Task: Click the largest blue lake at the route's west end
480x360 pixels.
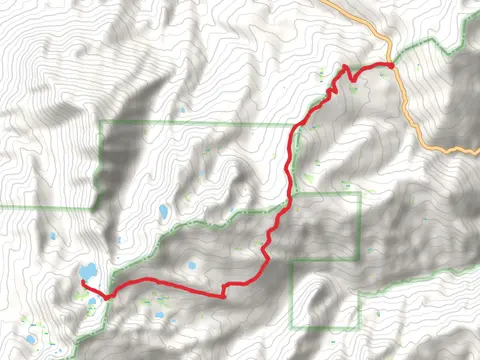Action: pyautogui.click(x=88, y=271)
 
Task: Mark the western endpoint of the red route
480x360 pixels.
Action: pyautogui.click(x=81, y=283)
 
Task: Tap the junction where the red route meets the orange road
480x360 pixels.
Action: pyautogui.click(x=391, y=65)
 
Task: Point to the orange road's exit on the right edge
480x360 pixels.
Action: pyautogui.click(x=478, y=151)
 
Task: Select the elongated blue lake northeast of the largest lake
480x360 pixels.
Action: pyautogui.click(x=162, y=212)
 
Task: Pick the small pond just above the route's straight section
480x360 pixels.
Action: pyautogui.click(x=190, y=266)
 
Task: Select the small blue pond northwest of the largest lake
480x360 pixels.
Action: pyautogui.click(x=52, y=237)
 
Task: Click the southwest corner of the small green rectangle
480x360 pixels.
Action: pyautogui.click(x=291, y=328)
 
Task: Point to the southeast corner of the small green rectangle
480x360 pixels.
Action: pyautogui.click(x=359, y=328)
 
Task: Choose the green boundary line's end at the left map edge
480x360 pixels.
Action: pyautogui.click(x=1, y=207)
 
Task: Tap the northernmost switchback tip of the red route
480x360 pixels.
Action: pyautogui.click(x=346, y=66)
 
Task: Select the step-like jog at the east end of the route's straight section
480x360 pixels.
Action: pyautogui.click(x=226, y=291)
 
